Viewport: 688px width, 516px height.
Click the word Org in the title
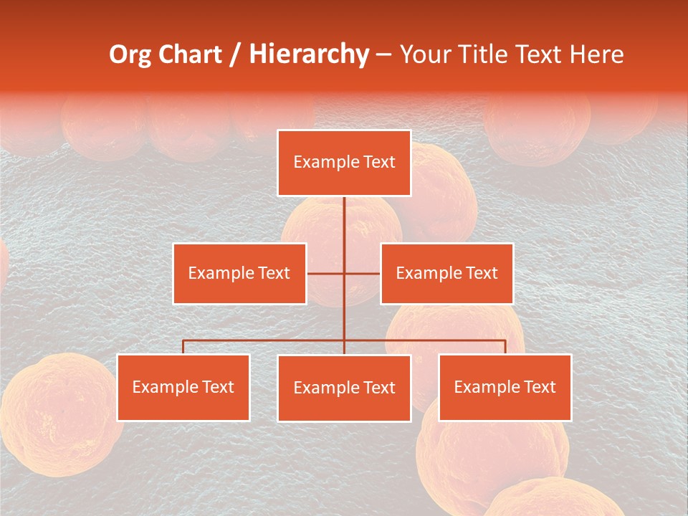tap(130, 54)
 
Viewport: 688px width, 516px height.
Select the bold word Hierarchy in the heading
tap(309, 54)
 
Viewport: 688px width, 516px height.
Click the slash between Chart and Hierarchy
tap(235, 55)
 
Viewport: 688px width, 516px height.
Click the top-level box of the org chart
tap(344, 163)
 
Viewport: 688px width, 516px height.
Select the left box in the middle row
tap(239, 274)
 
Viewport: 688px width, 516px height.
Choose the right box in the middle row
tap(446, 274)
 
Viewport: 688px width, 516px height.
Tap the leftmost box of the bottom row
tap(183, 388)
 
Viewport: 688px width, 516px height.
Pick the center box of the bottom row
tap(344, 388)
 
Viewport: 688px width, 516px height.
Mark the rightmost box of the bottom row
tap(505, 388)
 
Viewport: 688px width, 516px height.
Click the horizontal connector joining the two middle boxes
tap(362, 274)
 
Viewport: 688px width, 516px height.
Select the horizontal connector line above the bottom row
tap(265, 340)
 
